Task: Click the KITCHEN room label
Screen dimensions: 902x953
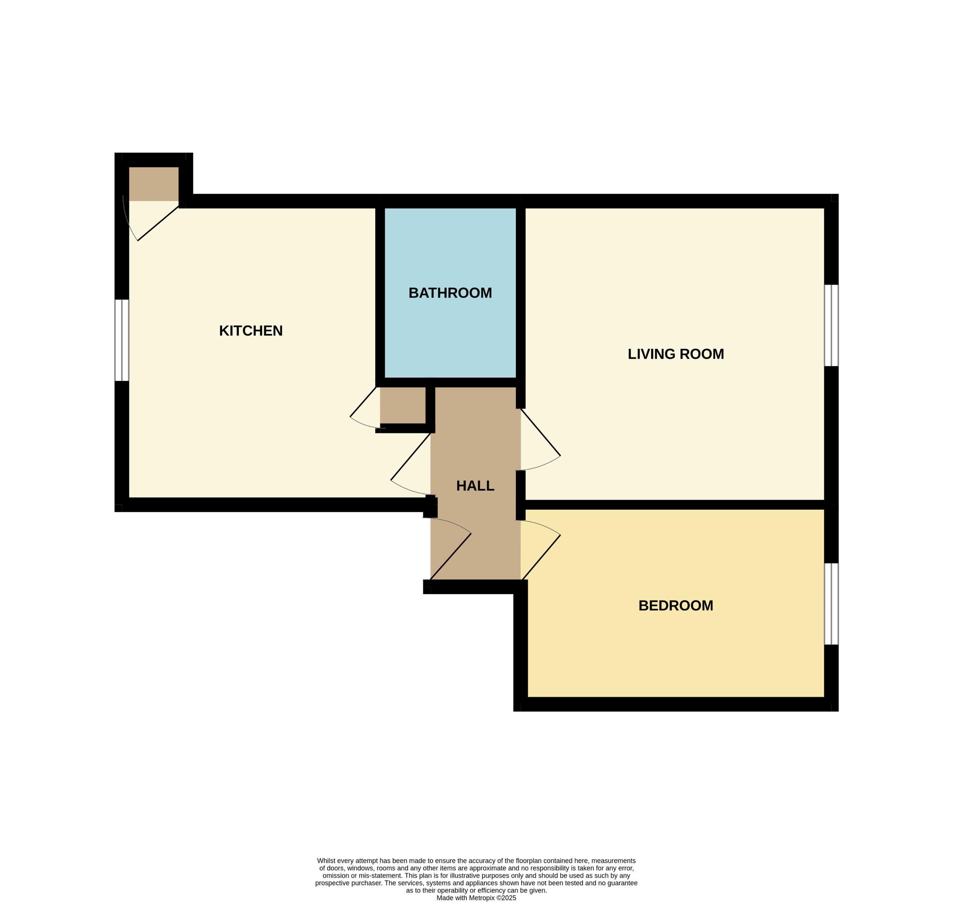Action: pos(251,331)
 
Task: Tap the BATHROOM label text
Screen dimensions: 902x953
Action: pos(450,293)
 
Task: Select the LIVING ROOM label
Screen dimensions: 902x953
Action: pos(675,354)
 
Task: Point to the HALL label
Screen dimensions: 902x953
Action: pos(475,486)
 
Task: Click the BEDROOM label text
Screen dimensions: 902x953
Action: pos(675,605)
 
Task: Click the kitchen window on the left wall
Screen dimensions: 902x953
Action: pos(122,340)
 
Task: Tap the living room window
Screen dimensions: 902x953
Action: pos(831,325)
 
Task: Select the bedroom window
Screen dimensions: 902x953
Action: pos(831,604)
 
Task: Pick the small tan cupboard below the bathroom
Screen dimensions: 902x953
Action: pos(402,405)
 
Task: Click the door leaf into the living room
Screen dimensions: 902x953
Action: pos(540,432)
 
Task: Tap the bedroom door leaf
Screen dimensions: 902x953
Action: pos(541,557)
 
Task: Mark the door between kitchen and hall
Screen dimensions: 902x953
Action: pos(410,457)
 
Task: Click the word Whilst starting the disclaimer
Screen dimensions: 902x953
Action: pos(327,860)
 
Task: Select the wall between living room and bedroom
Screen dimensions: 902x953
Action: pos(674,504)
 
